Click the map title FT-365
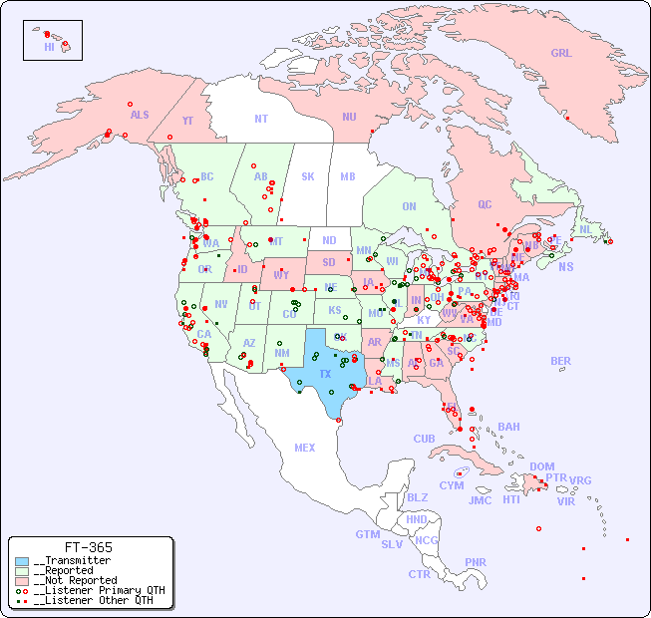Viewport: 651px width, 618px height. pos(89,547)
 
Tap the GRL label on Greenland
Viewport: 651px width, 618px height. pos(561,54)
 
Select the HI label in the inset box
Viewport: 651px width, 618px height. pos(49,47)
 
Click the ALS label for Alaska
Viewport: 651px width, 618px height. pos(140,115)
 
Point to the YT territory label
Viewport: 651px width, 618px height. pos(187,121)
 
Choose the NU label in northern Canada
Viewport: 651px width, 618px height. pos(349,117)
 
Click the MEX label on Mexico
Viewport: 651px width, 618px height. pos(305,448)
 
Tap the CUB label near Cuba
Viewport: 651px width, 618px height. pos(424,439)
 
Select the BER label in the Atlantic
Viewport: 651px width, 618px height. pos(560,361)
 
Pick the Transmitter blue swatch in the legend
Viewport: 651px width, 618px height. pos(22,561)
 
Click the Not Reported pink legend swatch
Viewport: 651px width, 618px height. pos(22,580)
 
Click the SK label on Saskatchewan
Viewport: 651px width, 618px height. pos(308,176)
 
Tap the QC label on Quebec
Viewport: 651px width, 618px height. pos(485,204)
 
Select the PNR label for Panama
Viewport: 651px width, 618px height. pos(476,562)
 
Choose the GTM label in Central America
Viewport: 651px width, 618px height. pos(367,534)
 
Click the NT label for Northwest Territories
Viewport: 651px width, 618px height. pos(260,119)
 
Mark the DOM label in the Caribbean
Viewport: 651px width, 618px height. pos(541,466)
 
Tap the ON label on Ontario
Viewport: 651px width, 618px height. pos(409,206)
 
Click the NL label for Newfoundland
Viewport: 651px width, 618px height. pos(585,229)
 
